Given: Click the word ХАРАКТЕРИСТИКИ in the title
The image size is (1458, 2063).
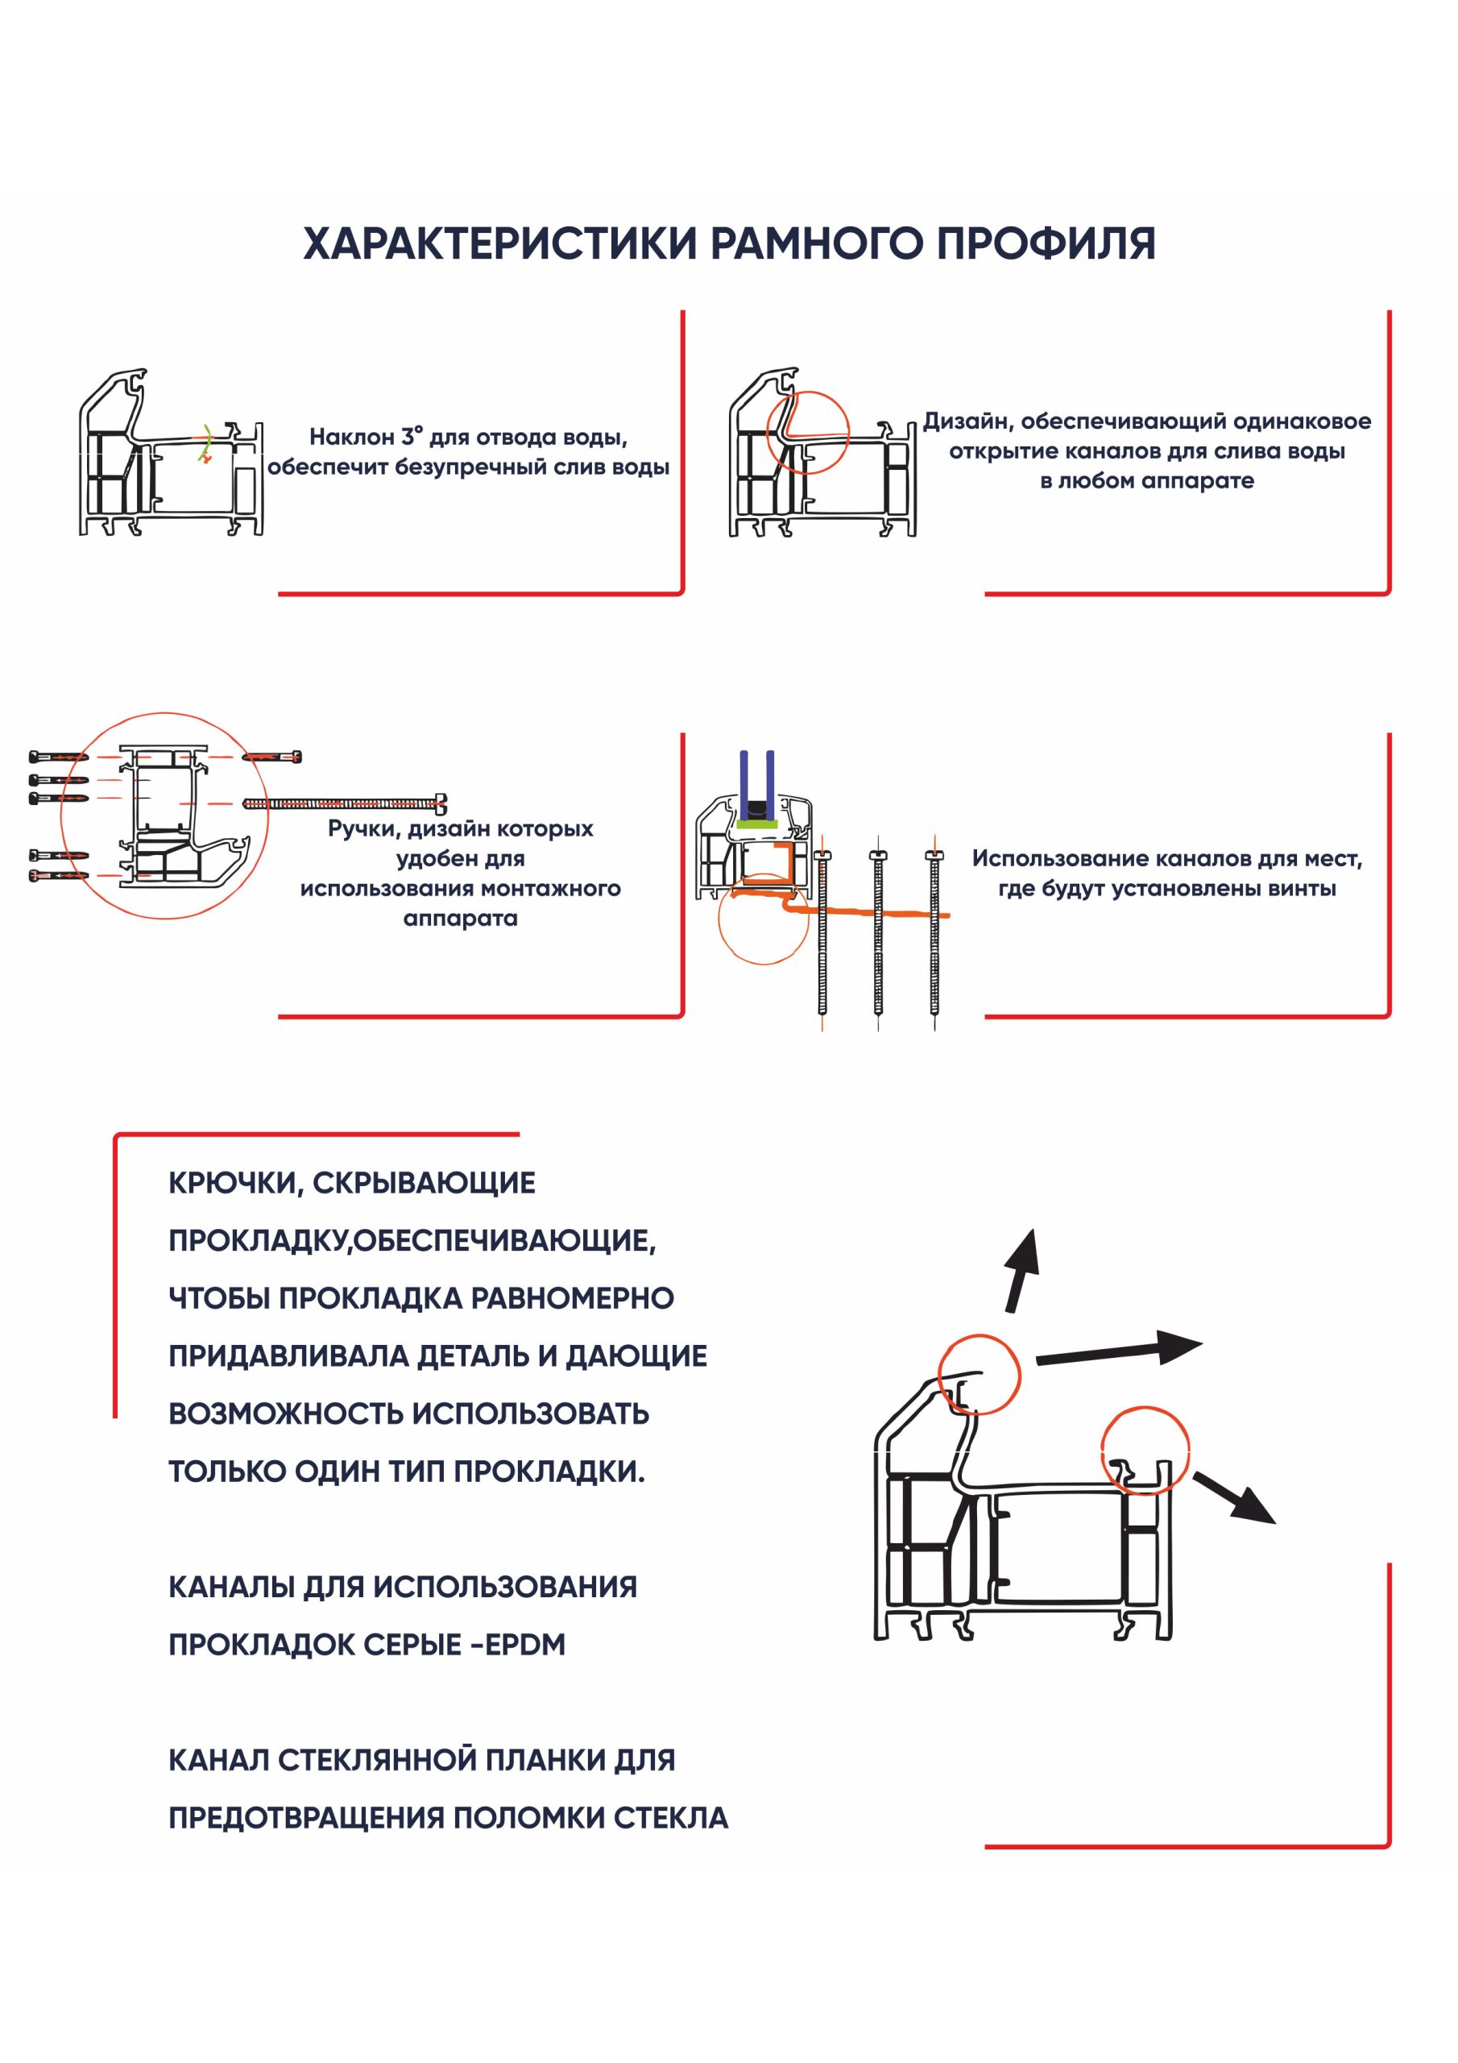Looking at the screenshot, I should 499,243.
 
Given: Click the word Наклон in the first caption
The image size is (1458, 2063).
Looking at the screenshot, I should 351,438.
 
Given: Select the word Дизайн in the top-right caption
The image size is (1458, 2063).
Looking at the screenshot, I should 966,421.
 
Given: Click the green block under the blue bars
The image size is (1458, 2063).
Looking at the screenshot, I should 756,821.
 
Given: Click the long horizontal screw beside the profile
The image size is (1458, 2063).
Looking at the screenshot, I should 345,803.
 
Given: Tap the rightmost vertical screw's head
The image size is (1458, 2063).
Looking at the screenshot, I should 934,855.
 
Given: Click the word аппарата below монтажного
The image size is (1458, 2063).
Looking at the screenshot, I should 460,919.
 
